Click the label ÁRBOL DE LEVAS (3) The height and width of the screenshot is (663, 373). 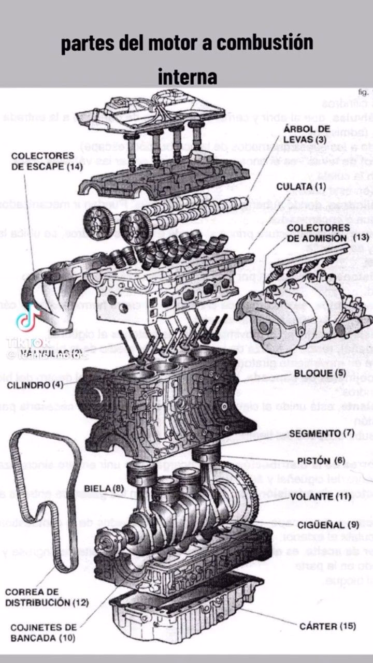point(307,134)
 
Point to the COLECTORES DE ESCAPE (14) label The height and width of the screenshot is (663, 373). point(42,161)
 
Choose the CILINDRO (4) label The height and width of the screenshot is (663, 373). point(36,385)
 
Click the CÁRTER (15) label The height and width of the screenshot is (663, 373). point(327,626)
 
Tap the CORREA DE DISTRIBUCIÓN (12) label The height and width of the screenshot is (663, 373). point(47,597)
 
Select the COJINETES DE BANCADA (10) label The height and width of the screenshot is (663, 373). point(43,632)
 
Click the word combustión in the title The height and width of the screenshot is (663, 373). point(264,44)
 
